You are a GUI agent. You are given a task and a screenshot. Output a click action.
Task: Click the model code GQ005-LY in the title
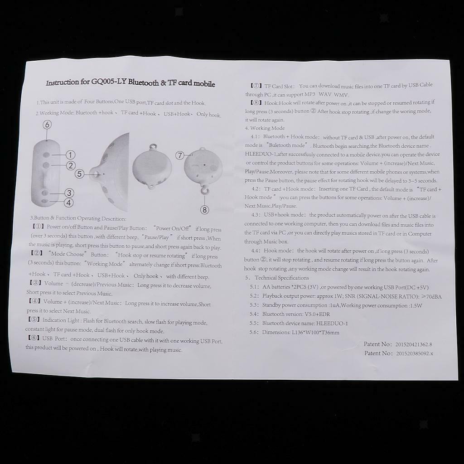tap(109, 82)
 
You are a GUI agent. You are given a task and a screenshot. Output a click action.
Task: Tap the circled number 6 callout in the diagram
tap(47, 125)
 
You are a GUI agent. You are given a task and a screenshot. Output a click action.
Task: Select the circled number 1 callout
tap(70, 155)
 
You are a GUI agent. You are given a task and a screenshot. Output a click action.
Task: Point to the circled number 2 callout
tap(70, 165)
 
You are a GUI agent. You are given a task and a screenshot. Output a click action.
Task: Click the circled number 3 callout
tap(69, 193)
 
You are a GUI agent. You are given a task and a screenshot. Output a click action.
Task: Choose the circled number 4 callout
tap(69, 203)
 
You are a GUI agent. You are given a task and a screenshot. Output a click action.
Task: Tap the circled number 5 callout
tap(79, 174)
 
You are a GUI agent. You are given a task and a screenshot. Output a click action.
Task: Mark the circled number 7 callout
tap(180, 155)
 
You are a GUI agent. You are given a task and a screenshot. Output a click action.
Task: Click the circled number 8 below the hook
tap(204, 210)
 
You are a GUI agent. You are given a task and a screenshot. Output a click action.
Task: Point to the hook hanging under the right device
tap(204, 190)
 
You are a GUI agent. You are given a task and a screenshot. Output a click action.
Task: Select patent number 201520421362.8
tap(414, 344)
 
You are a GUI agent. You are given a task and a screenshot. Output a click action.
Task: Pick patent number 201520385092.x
tap(414, 353)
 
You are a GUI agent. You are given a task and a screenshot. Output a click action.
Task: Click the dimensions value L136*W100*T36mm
tap(315, 332)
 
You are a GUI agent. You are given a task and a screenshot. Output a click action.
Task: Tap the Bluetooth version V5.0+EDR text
tap(317, 314)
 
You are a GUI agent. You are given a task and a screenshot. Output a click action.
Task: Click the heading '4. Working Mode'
tap(265, 128)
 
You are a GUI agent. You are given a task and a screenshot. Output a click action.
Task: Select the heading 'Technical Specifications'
tap(282, 278)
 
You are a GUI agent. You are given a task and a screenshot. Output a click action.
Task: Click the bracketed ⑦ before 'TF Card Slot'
tap(256, 86)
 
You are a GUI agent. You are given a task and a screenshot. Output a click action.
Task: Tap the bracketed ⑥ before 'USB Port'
tap(34, 338)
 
